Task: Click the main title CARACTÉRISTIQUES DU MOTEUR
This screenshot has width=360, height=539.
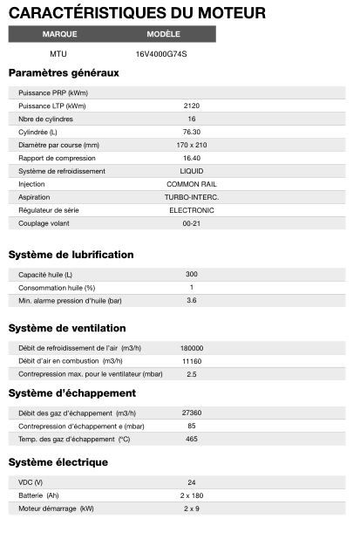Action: coord(138,13)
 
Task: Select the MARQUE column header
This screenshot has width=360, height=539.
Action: coord(60,34)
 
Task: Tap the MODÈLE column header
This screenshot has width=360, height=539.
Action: coord(163,34)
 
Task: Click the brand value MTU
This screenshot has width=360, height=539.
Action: coord(58,53)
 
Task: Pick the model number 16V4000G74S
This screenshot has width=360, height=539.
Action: coord(161,53)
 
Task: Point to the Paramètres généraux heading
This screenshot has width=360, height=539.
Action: coord(64,72)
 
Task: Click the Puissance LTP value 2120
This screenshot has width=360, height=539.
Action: coord(192,106)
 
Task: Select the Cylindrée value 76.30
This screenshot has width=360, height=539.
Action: coord(192,132)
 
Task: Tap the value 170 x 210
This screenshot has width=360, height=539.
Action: coord(192,145)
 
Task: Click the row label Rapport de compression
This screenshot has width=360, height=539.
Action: coord(55,158)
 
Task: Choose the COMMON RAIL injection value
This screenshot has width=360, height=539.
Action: coord(192,184)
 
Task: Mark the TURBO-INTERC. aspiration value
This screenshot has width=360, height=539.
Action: coord(192,197)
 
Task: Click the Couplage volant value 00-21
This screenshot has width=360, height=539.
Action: coord(192,223)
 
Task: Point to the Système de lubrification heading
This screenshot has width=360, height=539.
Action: coord(71,255)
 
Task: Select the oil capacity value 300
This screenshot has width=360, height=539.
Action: coord(192,274)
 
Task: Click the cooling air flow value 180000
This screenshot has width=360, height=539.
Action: coord(192,347)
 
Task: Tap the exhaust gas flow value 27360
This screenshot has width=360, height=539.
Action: coord(192,413)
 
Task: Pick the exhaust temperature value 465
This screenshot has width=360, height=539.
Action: coord(192,439)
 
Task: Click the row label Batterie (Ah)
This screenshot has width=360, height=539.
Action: coord(39,495)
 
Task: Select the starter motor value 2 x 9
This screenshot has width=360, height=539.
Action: coord(192,508)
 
